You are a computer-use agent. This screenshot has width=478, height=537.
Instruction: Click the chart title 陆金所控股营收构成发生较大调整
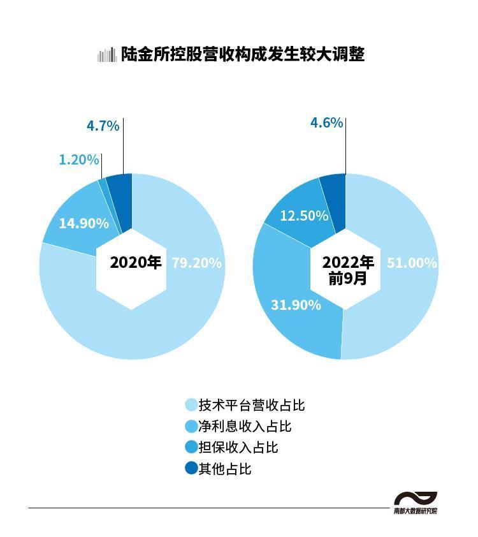point(243,55)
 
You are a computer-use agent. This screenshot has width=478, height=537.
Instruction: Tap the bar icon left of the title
point(106,55)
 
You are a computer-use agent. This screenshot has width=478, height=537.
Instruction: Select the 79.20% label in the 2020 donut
point(196,263)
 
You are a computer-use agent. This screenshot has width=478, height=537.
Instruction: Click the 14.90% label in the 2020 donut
point(83,223)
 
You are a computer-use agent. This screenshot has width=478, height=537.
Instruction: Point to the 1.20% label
point(79,159)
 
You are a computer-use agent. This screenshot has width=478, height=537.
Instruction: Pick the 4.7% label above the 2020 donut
point(103,126)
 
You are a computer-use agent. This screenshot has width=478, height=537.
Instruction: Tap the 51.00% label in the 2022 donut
point(412,263)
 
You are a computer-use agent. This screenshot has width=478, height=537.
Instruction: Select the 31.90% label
point(296,305)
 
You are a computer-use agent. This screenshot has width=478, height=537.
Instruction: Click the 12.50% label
point(304,216)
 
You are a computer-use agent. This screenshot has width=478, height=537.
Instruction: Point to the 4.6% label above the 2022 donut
point(326,122)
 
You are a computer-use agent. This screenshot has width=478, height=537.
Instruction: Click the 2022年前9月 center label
point(348,270)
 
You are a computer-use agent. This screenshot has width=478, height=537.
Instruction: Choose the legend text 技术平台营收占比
point(252,405)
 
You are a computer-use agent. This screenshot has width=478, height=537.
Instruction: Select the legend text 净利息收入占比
point(245,426)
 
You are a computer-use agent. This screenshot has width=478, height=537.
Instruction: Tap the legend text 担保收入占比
point(238,447)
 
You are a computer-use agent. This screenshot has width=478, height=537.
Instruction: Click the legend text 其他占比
point(224,469)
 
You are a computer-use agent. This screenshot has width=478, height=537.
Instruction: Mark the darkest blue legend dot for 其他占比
point(191,468)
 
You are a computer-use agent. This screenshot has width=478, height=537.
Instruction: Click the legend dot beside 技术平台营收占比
point(191,405)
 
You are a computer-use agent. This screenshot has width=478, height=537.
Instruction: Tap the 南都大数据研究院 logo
point(416,503)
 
